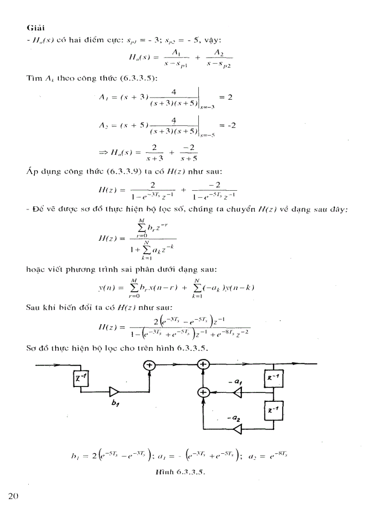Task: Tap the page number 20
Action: (x=13, y=496)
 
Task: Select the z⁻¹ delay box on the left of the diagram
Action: (x=80, y=379)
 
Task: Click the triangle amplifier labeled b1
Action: (x=114, y=392)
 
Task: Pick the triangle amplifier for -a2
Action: (x=237, y=430)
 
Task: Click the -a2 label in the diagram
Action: (x=234, y=418)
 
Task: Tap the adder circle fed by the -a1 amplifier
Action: (x=202, y=393)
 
